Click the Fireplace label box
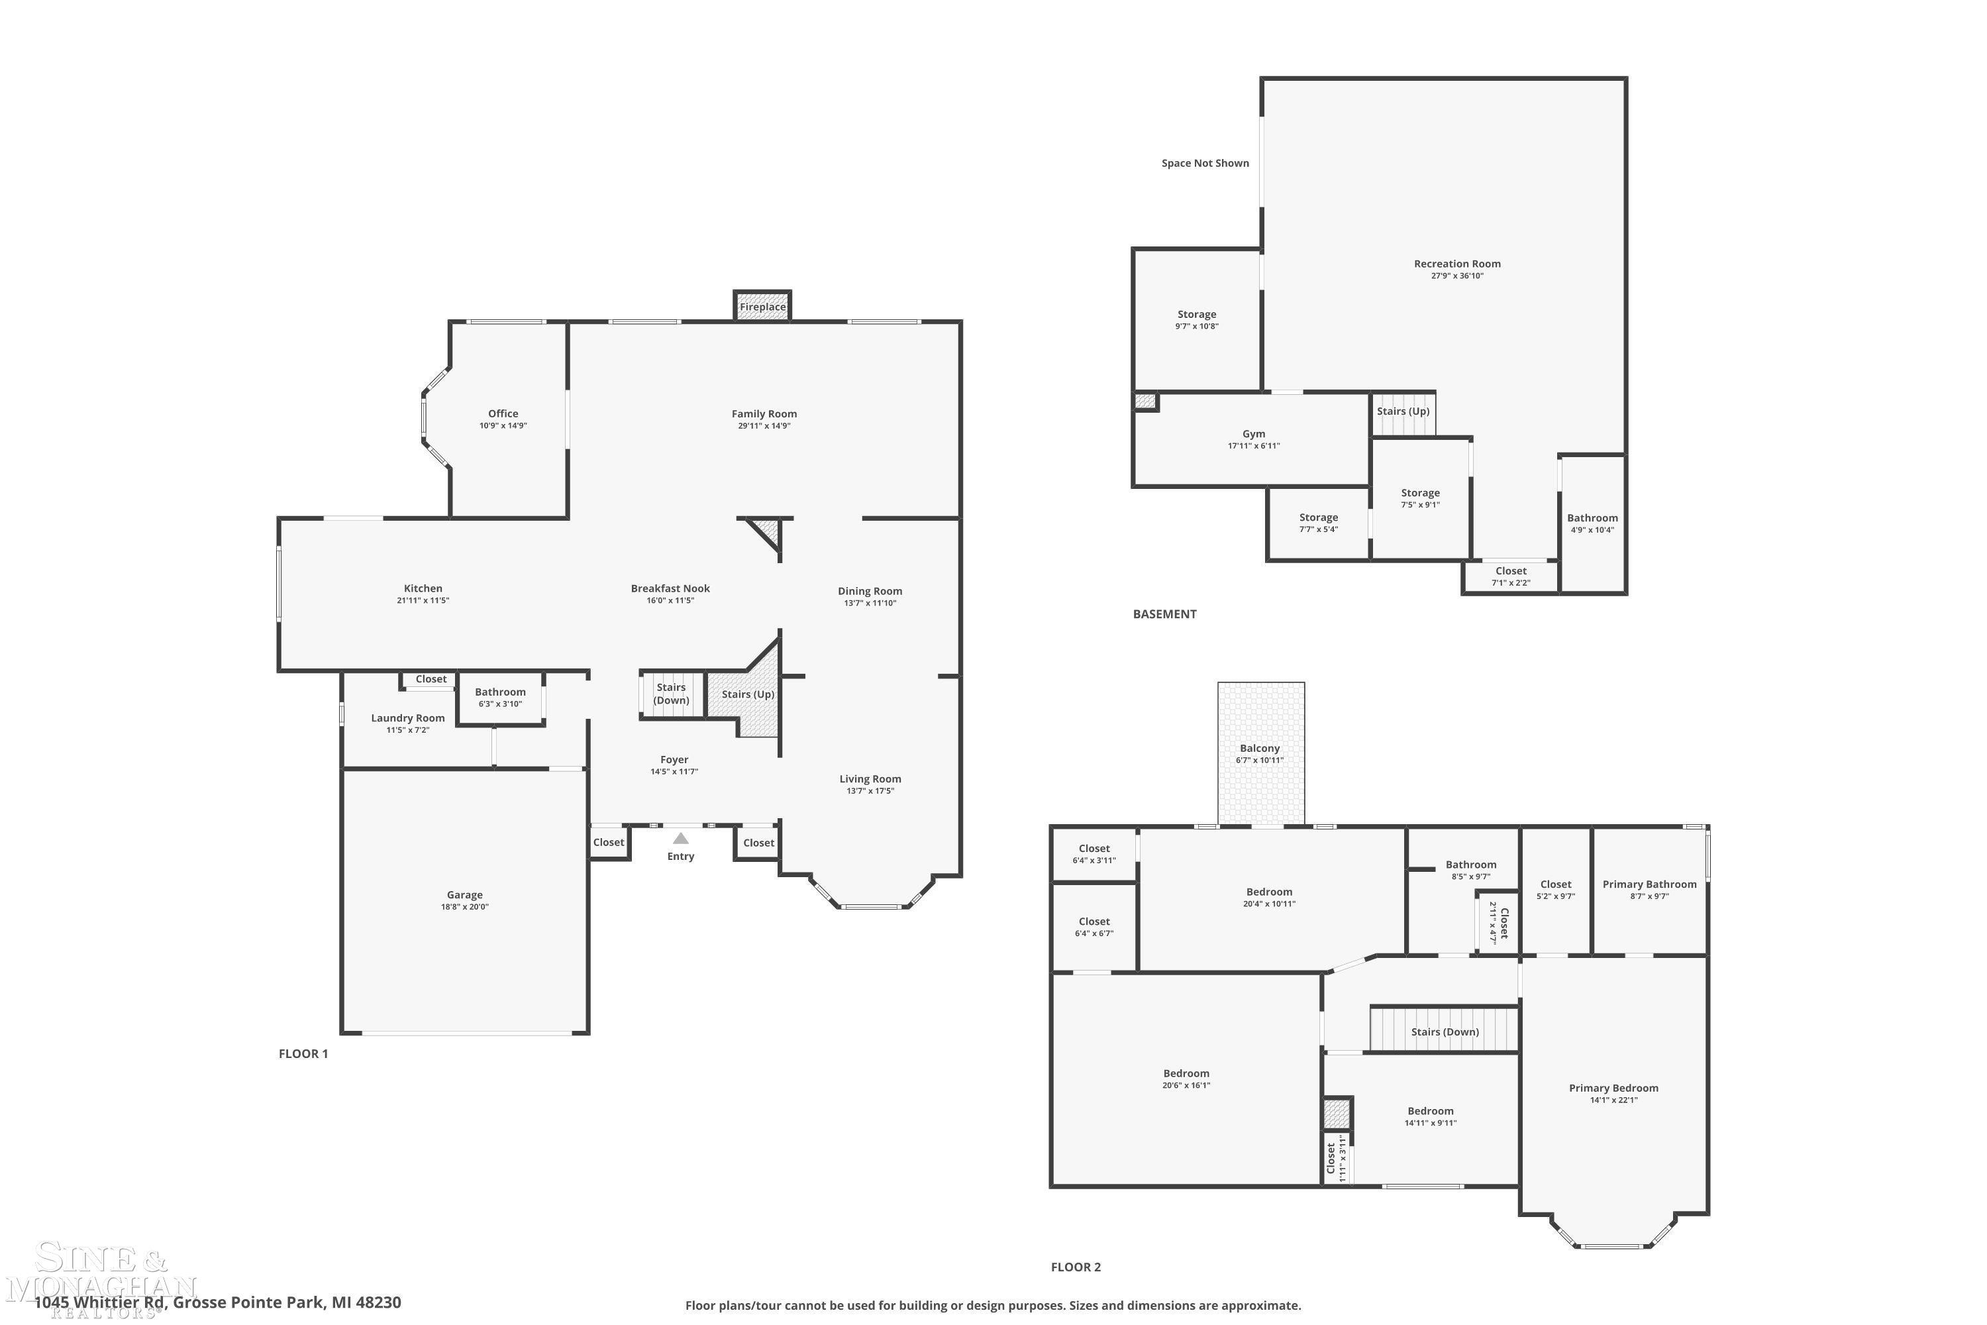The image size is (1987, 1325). [x=763, y=307]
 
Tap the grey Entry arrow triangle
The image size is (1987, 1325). [x=681, y=838]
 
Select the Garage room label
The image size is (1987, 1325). [x=465, y=895]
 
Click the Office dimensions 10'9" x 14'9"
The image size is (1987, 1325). [x=503, y=426]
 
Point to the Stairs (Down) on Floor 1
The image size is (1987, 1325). [x=672, y=694]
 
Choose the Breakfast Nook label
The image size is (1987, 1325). [x=671, y=588]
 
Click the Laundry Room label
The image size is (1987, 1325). [x=408, y=718]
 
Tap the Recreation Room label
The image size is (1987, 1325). [x=1457, y=264]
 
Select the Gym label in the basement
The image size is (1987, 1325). [x=1254, y=433]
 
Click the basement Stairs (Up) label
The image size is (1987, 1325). [x=1403, y=411]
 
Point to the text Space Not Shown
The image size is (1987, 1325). [x=1205, y=163]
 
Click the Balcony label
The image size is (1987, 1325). [x=1260, y=748]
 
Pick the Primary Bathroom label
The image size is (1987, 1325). [x=1650, y=884]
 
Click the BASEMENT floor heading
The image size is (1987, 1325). [x=1165, y=614]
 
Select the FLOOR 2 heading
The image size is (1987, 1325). [x=1076, y=1267]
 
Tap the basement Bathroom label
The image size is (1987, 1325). [x=1592, y=518]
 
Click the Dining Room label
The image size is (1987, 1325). [x=870, y=591]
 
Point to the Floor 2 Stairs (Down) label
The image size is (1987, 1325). [x=1445, y=1032]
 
